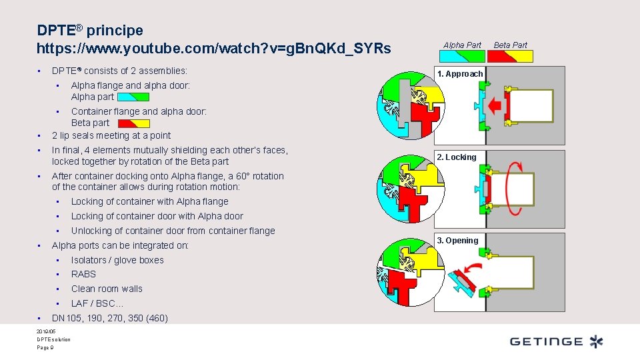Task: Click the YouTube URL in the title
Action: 214,49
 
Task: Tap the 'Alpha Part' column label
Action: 462,45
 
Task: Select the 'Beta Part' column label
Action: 510,45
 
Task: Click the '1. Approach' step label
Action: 460,74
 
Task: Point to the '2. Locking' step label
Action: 457,157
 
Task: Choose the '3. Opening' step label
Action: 457,241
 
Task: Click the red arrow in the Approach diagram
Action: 495,105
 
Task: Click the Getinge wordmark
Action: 546,341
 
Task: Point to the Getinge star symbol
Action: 596,341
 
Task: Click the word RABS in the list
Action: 83,274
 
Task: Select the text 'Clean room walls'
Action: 107,289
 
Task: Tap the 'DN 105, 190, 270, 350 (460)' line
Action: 110,318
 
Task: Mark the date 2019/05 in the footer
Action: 47,331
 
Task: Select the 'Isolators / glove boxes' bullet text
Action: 117,260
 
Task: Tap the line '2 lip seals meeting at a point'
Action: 111,135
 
